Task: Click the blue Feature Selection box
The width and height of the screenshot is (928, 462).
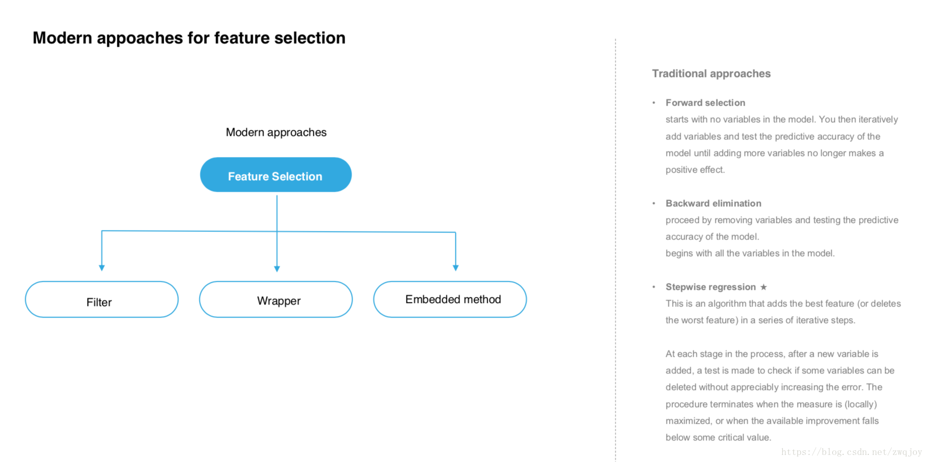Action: (276, 175)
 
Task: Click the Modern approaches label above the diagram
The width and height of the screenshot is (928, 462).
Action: (276, 132)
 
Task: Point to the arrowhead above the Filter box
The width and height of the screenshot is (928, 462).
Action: (102, 268)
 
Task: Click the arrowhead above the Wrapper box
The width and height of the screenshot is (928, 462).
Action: (277, 269)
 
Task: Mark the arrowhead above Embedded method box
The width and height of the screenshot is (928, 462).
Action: (455, 268)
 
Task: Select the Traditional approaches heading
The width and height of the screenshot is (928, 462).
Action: (711, 73)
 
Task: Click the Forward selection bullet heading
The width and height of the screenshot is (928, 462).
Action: (705, 103)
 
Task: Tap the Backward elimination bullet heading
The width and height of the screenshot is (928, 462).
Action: (713, 203)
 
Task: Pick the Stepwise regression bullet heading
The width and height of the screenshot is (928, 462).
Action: (710, 287)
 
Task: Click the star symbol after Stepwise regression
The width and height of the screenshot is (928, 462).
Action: (763, 287)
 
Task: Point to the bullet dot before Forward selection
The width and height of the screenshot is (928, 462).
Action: (654, 103)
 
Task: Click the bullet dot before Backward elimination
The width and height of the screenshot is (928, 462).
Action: (654, 203)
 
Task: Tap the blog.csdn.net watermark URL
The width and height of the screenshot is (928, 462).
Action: (851, 452)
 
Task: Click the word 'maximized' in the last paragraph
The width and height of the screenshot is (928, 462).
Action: (688, 421)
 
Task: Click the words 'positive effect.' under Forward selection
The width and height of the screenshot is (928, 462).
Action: (695, 170)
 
